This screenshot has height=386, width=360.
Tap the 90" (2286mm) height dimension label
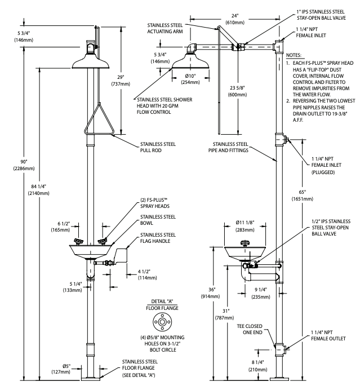point(24,165)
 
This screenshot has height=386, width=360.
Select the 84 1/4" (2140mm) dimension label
point(38,189)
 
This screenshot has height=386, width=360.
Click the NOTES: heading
point(294,55)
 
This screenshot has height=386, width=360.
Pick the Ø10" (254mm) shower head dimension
point(190,79)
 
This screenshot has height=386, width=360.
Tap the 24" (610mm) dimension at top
point(235,19)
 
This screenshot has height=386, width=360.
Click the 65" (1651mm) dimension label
point(303,196)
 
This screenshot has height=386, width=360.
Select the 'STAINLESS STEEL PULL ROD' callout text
point(158,147)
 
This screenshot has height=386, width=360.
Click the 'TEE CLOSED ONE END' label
point(250,329)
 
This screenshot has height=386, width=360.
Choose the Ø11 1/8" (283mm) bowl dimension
point(245,226)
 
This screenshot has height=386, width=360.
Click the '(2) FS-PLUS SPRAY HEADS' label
point(155,203)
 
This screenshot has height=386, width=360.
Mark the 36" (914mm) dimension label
point(210,293)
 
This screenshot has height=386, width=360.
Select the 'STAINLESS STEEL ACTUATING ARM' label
point(165,28)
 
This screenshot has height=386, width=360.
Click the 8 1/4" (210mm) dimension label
point(257,366)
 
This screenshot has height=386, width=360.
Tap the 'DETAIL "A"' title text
point(162,301)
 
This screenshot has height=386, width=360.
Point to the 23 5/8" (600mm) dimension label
point(237,91)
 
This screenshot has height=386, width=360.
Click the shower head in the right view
point(190,61)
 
